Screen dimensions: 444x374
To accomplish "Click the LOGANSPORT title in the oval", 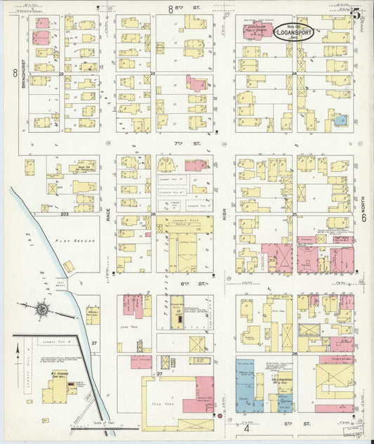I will coord(294,32).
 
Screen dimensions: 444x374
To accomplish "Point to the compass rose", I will coord(42,309).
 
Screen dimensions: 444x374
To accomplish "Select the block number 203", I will coord(65,214).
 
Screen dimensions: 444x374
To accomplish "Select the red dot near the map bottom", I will coord(220,416).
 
